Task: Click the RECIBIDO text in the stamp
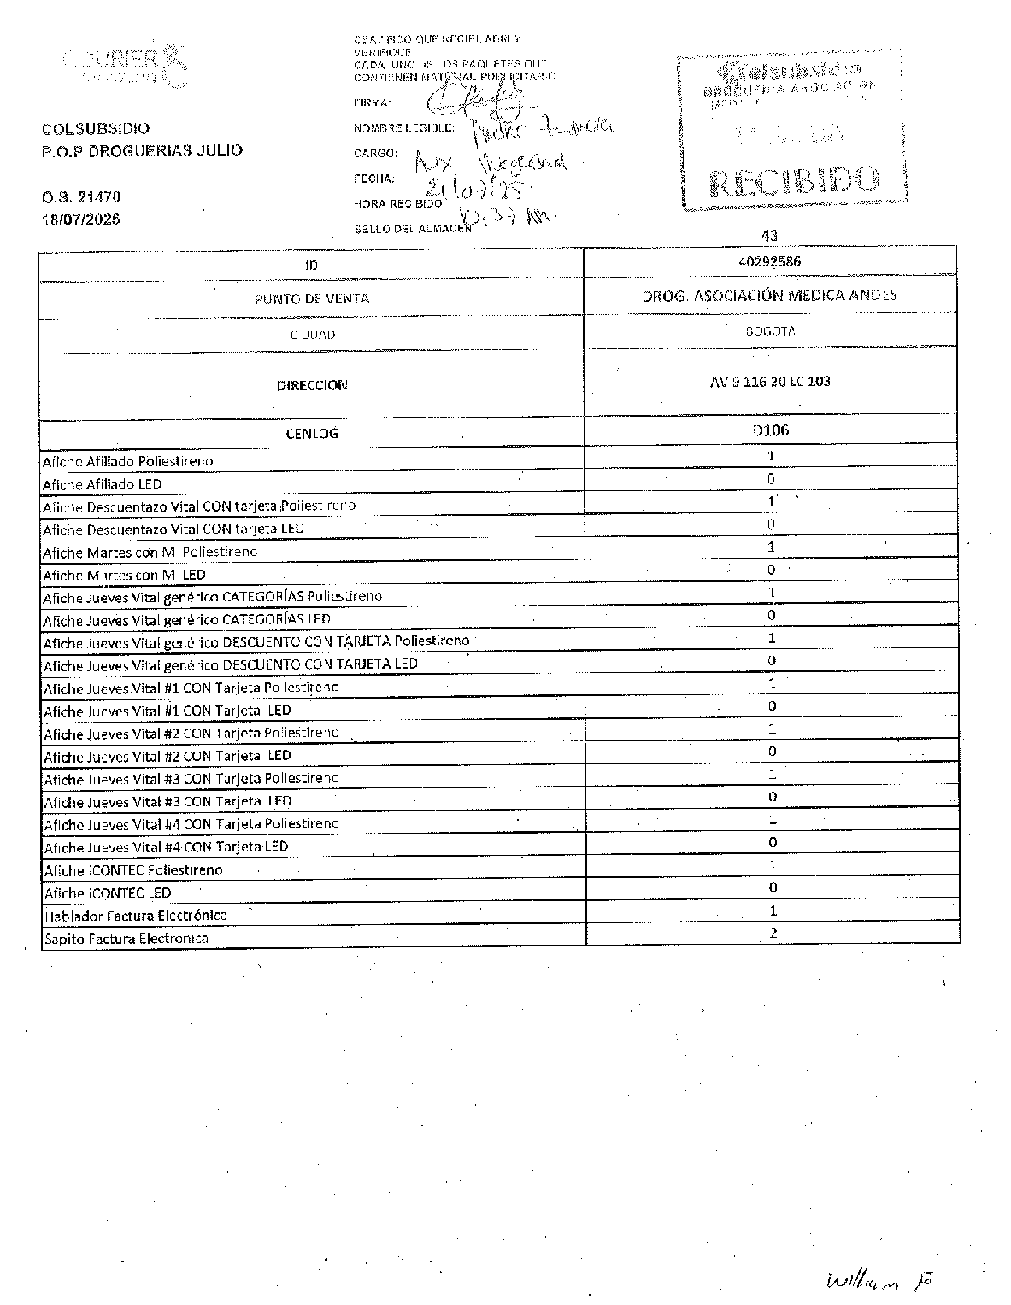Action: tap(794, 180)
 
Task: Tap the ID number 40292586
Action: tap(770, 261)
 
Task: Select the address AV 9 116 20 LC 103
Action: tap(770, 381)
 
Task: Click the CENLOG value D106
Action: tap(770, 430)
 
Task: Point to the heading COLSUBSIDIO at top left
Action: tap(96, 129)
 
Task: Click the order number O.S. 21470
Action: tap(81, 196)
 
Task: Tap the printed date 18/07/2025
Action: tap(81, 219)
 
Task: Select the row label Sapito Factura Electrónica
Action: tap(126, 939)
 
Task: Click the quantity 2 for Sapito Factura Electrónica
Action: tap(773, 933)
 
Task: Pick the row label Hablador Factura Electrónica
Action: tap(136, 916)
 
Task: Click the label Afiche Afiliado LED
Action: tap(103, 484)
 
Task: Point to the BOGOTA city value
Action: tap(770, 331)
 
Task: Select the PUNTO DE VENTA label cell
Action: tap(312, 298)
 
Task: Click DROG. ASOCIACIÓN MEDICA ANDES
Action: tap(769, 296)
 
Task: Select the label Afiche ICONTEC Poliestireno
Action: tap(133, 870)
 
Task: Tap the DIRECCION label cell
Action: tap(312, 385)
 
